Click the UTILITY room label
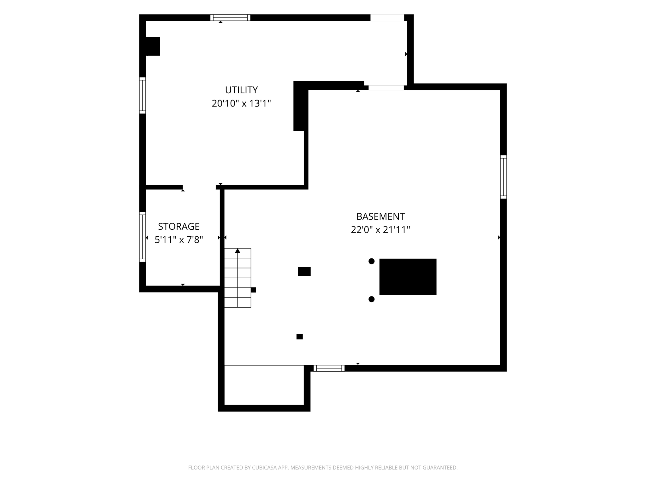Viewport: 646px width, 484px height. pos(241,90)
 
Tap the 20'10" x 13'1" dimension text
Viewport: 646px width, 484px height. pos(241,103)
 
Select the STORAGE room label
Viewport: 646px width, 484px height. pos(179,227)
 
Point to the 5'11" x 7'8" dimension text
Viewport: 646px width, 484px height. pos(179,240)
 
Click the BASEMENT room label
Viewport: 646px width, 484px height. pos(380,216)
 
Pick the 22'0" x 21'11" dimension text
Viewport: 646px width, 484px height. pos(380,230)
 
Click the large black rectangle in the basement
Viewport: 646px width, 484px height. pos(408,277)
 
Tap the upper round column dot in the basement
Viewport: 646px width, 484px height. pos(372,261)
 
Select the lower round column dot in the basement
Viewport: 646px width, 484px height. pos(372,299)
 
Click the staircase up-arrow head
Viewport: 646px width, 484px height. pos(238,251)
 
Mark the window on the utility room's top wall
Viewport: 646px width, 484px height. pos(230,18)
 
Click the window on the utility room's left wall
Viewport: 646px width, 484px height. pos(143,95)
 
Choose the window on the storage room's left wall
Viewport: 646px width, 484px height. pos(143,237)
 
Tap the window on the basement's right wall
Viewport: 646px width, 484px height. pos(503,177)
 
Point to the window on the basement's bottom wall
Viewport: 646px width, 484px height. pos(329,368)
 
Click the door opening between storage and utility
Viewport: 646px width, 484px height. pos(199,187)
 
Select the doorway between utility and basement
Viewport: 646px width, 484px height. pos(386,88)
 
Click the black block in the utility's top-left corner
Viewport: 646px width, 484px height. pos(153,46)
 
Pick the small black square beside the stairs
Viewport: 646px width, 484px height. pos(253,290)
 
